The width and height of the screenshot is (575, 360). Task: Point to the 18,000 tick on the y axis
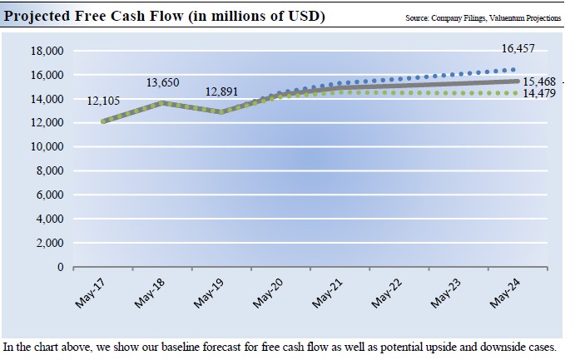pyautogui.click(x=47, y=51)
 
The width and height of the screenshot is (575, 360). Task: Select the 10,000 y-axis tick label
pyautogui.click(x=47, y=147)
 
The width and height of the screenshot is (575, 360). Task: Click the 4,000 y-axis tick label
pyautogui.click(x=50, y=219)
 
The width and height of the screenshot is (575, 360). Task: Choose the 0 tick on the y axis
pyautogui.click(x=60, y=268)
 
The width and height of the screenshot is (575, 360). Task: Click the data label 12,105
pyautogui.click(x=104, y=101)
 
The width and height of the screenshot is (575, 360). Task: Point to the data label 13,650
pyautogui.click(x=163, y=82)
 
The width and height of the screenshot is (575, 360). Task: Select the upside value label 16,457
pyautogui.click(x=520, y=50)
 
